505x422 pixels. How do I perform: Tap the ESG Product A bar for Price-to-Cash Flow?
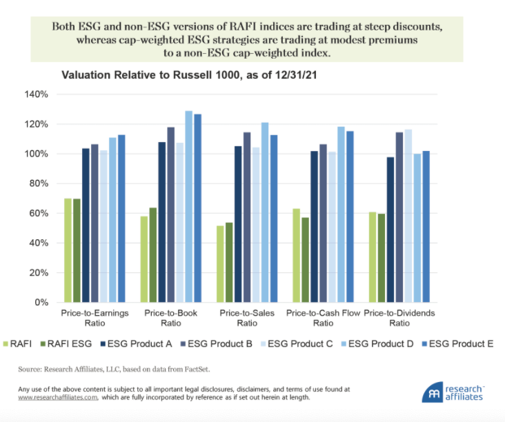point(315,227)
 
